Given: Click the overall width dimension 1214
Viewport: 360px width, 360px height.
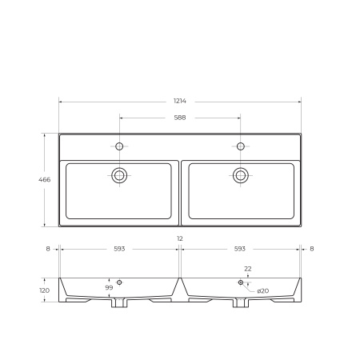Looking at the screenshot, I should (x=180, y=101).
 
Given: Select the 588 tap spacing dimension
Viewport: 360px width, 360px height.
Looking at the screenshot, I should (x=180, y=118).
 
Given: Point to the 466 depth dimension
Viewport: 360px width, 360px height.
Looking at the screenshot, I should (x=45, y=180).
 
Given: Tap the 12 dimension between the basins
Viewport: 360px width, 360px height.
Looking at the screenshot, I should (x=180, y=239).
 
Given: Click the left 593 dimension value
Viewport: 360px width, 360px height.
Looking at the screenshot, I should (x=119, y=249).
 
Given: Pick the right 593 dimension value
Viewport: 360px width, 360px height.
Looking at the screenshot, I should (x=240, y=249).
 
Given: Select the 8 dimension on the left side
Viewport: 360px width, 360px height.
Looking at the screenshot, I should (x=48, y=249).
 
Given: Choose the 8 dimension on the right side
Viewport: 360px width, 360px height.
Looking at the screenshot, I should (x=311, y=249).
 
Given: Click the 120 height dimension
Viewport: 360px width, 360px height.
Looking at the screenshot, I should (x=45, y=290).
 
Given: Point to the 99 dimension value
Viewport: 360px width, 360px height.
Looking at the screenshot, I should (x=109, y=287).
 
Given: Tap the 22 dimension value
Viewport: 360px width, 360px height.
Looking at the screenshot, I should (x=248, y=269).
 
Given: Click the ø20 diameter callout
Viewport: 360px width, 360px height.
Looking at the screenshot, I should (x=263, y=290).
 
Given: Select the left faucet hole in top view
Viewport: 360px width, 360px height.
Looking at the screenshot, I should (x=119, y=146).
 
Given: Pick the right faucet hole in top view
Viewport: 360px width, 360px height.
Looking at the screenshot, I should (x=240, y=146).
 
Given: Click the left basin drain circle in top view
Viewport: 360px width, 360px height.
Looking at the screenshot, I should (x=119, y=175).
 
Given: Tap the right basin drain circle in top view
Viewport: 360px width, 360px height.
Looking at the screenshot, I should (x=240, y=175).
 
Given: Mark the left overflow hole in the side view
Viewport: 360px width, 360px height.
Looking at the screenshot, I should (x=119, y=282).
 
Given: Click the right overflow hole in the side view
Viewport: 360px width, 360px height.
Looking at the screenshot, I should (x=240, y=282).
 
